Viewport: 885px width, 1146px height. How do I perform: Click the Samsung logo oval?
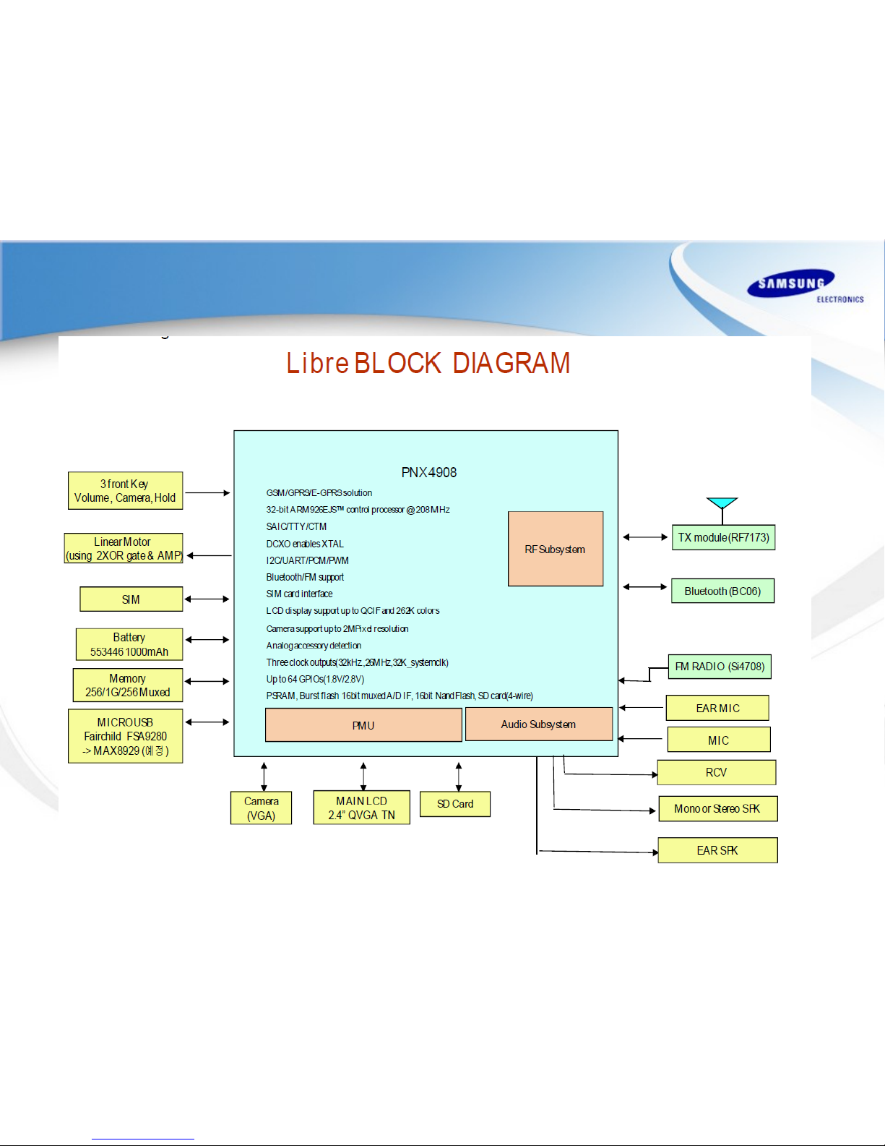pyautogui.click(x=791, y=283)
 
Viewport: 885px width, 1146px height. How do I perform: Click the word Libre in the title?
pyautogui.click(x=317, y=363)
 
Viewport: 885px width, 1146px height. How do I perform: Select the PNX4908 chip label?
pyautogui.click(x=428, y=472)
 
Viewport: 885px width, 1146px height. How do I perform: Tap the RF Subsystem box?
pyautogui.click(x=555, y=549)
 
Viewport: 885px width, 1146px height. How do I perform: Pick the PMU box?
pyautogui.click(x=363, y=725)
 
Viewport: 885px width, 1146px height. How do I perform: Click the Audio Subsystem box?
pyautogui.click(x=538, y=724)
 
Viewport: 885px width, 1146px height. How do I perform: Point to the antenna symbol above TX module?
pyautogui.click(x=722, y=504)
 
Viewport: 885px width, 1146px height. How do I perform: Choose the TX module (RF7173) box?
pyautogui.click(x=723, y=537)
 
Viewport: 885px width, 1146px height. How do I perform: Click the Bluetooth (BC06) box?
pyautogui.click(x=722, y=591)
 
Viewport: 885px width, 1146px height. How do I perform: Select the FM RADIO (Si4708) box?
pyautogui.click(x=720, y=667)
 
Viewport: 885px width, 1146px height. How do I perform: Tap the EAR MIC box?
pyautogui.click(x=717, y=708)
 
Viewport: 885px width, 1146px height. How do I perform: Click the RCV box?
pyautogui.click(x=716, y=772)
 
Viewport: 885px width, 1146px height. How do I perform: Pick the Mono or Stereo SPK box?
pyautogui.click(x=717, y=808)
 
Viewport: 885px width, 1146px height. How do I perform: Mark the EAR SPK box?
pyautogui.click(x=717, y=850)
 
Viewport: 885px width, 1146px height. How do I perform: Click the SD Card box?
pyautogui.click(x=455, y=804)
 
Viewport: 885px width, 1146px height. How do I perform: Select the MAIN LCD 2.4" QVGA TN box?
pyautogui.click(x=361, y=808)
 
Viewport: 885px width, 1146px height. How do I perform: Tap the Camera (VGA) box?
pyautogui.click(x=261, y=808)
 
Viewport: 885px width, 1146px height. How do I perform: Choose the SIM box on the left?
pyautogui.click(x=131, y=599)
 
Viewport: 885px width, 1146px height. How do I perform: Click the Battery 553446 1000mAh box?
pyautogui.click(x=129, y=644)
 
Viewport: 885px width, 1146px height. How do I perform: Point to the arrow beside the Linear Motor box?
pyautogui.click(x=210, y=555)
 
